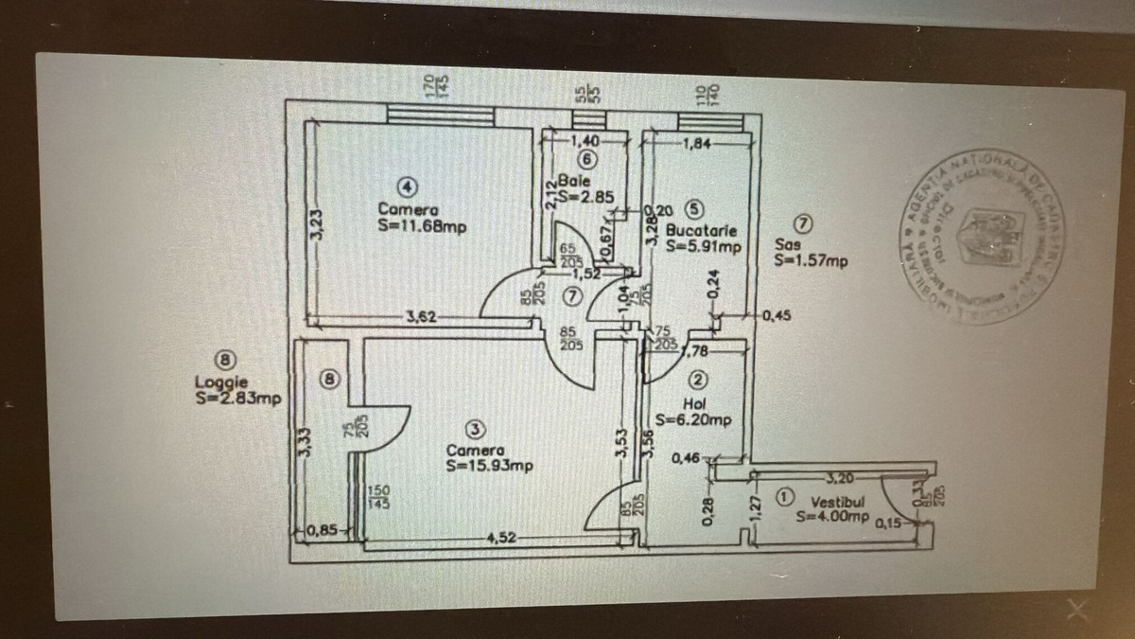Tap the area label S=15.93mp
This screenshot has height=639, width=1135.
pos(490,465)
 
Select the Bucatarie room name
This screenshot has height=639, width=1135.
pos(701,230)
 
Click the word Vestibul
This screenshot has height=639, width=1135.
pos(833,499)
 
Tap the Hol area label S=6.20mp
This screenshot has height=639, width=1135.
pos(693,420)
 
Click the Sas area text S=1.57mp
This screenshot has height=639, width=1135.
pos(811,260)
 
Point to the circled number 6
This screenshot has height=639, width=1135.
pos(586,159)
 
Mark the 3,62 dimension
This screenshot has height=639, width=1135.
pos(421,317)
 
